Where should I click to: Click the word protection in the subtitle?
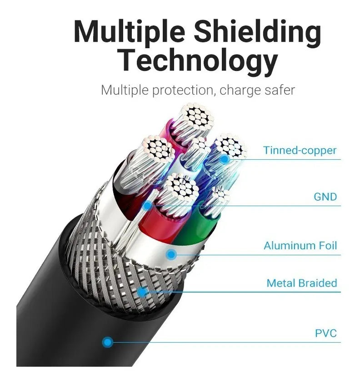coord(183,90)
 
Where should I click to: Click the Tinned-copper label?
coord(300,150)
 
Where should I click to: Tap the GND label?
coord(325,197)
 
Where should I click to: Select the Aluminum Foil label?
coord(300,246)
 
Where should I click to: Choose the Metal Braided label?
coord(302,283)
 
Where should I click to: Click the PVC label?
coord(326,333)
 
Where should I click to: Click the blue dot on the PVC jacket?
coord(107,342)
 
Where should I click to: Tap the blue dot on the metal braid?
coord(142,292)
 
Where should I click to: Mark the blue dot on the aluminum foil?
coord(171,254)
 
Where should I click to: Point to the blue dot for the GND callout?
coord(147,206)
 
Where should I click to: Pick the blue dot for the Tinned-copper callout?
coord(225,159)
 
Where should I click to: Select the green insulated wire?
coord(196,228)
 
